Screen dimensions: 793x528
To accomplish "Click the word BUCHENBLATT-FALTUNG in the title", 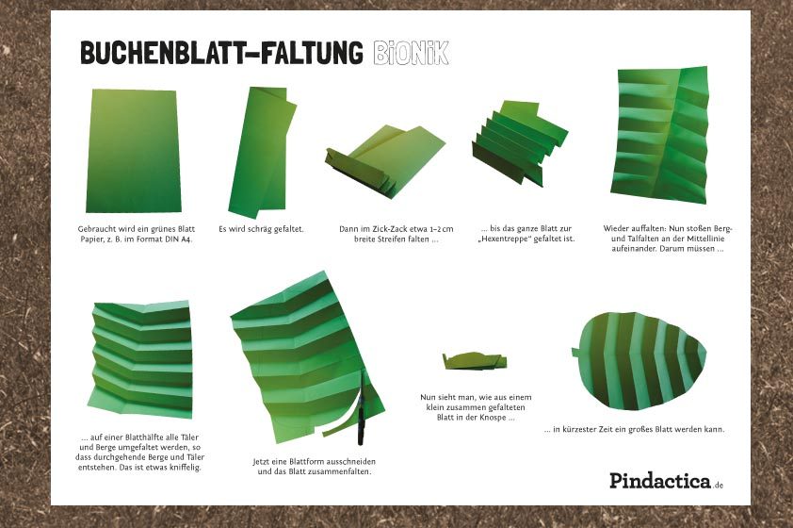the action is point(221,53).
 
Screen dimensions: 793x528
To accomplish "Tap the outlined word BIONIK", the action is point(412,53).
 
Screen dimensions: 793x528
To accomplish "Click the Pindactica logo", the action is point(666,481).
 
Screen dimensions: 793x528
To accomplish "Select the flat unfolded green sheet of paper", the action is point(134,151).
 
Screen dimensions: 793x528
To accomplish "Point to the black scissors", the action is point(361,409).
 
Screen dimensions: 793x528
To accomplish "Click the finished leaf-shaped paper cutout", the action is point(639,361).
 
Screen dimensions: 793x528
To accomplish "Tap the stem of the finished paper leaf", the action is point(575,352).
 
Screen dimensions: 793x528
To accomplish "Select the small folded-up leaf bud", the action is point(475,361).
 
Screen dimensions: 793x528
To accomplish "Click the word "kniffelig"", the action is point(185,468).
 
